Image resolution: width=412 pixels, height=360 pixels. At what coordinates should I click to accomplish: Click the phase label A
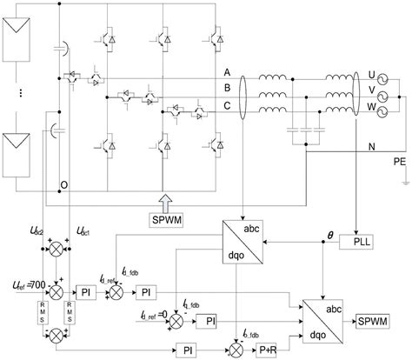point(228,73)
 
